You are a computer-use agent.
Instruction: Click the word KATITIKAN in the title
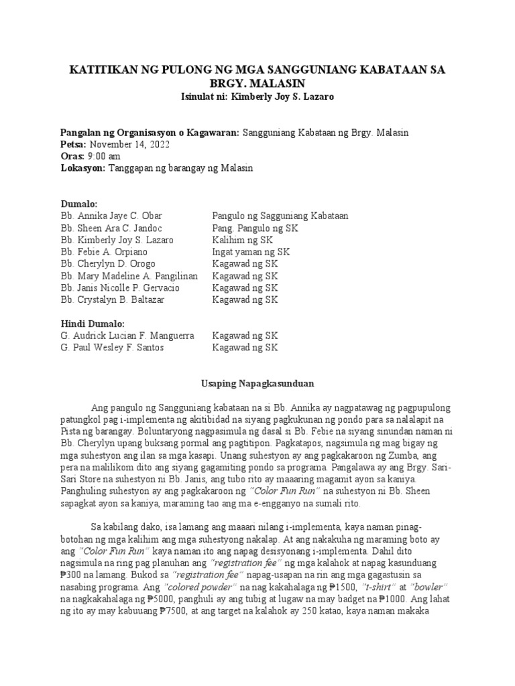pyautogui.click(x=101, y=70)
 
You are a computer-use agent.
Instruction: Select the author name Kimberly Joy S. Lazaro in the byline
pyautogui.click(x=281, y=96)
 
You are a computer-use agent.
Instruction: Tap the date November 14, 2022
pyautogui.click(x=129, y=144)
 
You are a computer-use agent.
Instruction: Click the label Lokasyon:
pyautogui.click(x=82, y=168)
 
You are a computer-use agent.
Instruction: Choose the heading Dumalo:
pyautogui.click(x=79, y=204)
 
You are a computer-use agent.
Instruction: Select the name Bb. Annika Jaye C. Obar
pyautogui.click(x=111, y=216)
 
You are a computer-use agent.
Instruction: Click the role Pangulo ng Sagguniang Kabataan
pyautogui.click(x=280, y=216)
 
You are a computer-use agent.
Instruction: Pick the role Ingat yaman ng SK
pyautogui.click(x=251, y=252)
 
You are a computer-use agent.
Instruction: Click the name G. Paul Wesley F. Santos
pyautogui.click(x=112, y=348)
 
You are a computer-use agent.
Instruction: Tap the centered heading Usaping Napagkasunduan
pyautogui.click(x=253, y=384)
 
